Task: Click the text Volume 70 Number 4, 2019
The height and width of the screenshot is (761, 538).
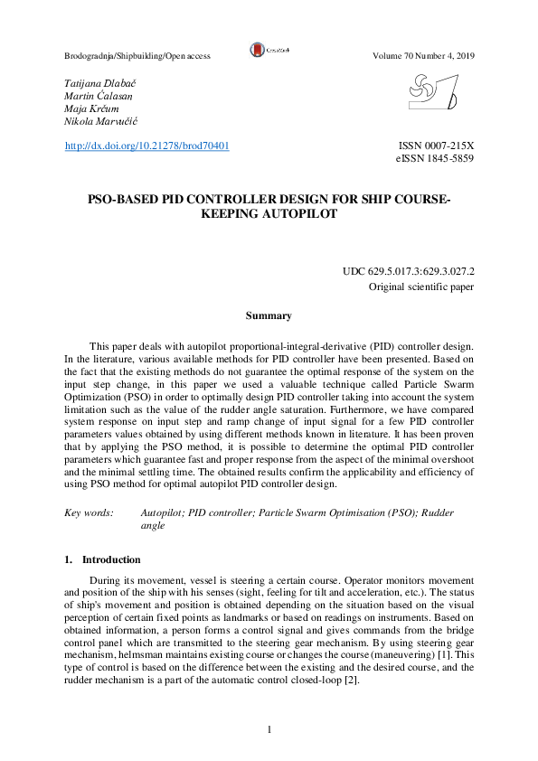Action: [423, 56]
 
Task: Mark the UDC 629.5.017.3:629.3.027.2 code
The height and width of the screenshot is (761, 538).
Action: [409, 271]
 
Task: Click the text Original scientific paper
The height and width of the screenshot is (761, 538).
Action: [421, 287]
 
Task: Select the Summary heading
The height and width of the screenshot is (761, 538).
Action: [269, 315]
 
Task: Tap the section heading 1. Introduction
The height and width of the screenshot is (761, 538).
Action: [102, 559]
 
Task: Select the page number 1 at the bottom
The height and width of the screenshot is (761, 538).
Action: [269, 729]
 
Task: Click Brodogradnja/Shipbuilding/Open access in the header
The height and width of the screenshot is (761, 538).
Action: [137, 56]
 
